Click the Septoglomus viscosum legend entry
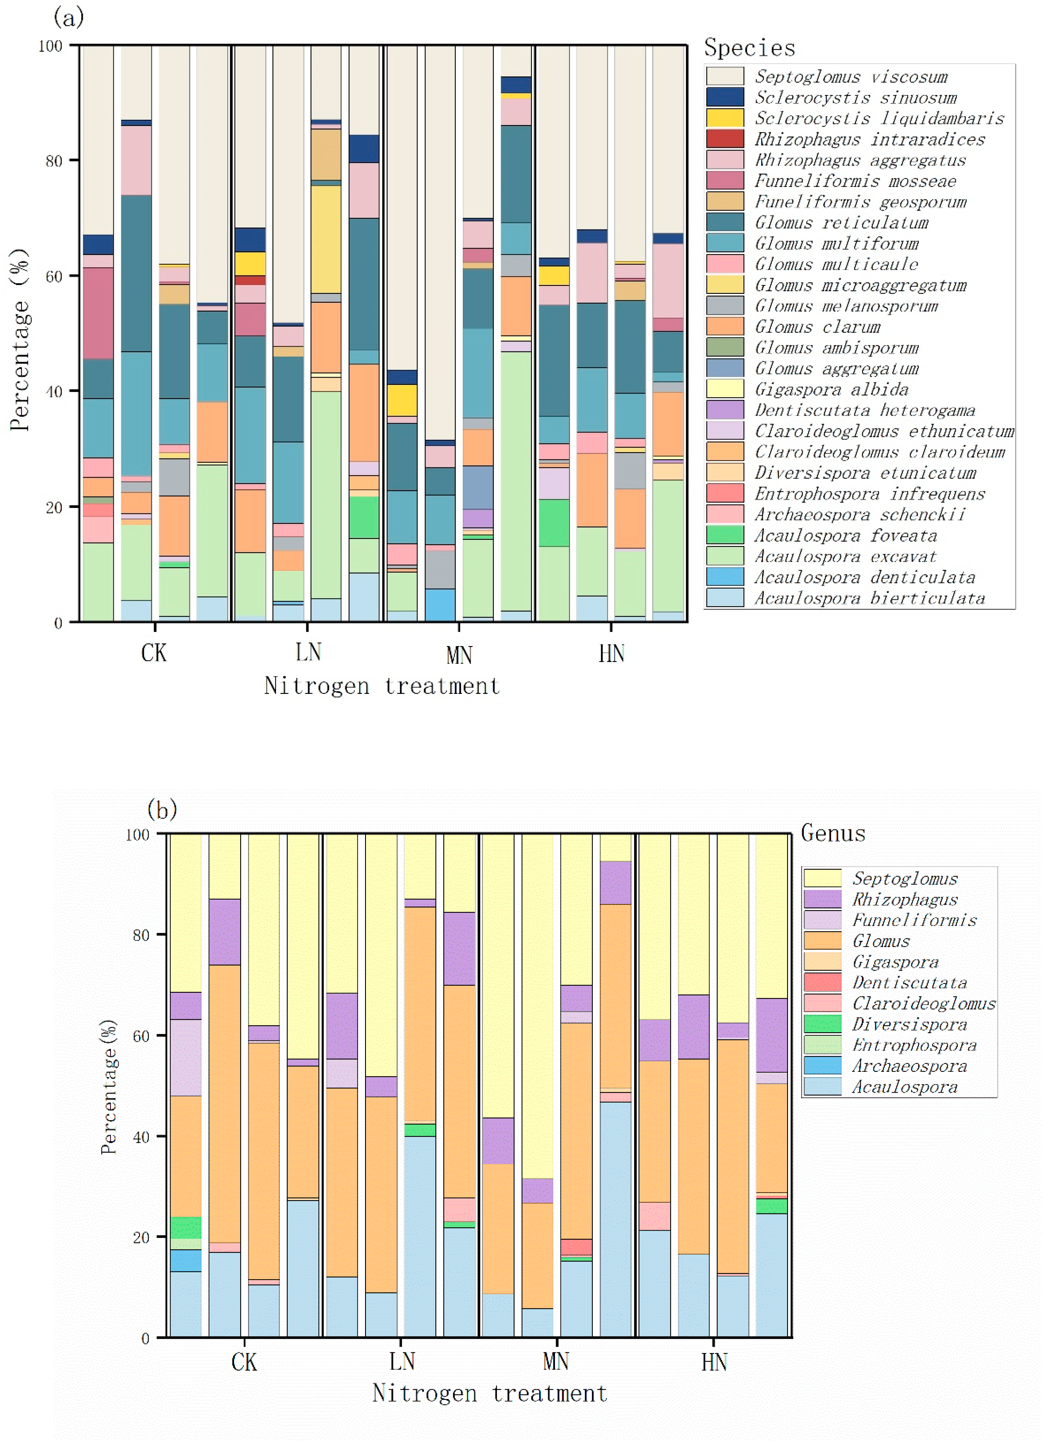click(851, 76)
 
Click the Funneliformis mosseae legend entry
click(855, 181)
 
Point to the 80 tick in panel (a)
click(53, 160)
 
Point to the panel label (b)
click(162, 810)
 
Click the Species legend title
click(749, 48)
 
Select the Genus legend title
click(833, 833)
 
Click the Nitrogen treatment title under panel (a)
click(382, 686)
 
